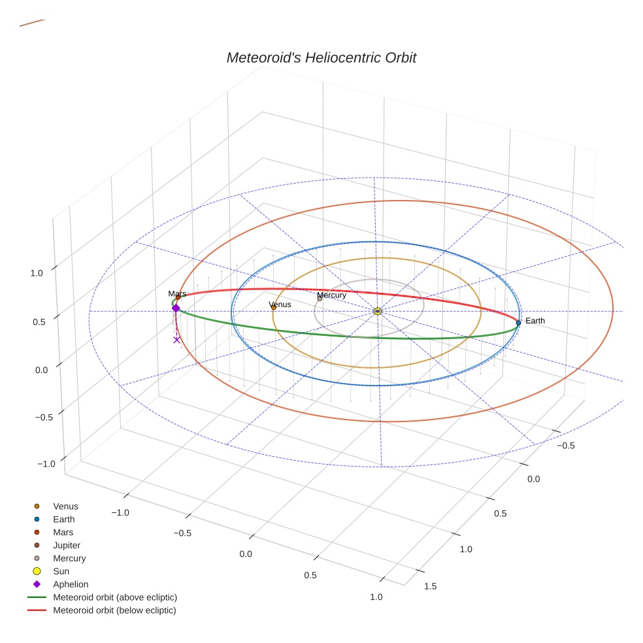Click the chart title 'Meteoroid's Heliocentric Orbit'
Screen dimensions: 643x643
[x=321, y=58]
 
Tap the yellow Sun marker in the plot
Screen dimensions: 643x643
[x=378, y=311]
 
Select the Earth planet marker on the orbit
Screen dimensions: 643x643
[x=518, y=322]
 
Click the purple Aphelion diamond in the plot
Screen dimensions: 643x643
[x=176, y=308]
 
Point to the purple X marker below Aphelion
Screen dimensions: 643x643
[x=176, y=340]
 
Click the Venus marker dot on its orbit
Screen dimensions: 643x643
[x=273, y=307]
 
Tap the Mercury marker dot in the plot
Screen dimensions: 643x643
[x=320, y=299]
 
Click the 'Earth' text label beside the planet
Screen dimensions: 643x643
[x=535, y=321]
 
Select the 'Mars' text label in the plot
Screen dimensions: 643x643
[x=177, y=294]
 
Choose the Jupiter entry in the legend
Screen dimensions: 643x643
[x=67, y=545]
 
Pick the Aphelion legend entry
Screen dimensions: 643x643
[x=71, y=584]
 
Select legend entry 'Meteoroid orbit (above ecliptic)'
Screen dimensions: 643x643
[x=115, y=597]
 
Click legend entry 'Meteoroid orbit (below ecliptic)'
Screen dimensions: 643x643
[x=114, y=610]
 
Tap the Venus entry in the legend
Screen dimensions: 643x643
[x=65, y=506]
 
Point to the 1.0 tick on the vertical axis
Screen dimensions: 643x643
[x=37, y=273]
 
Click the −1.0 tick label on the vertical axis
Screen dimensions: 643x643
[x=46, y=463]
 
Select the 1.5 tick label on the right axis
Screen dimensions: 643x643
[x=431, y=585]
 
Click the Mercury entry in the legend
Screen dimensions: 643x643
[x=69, y=558]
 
